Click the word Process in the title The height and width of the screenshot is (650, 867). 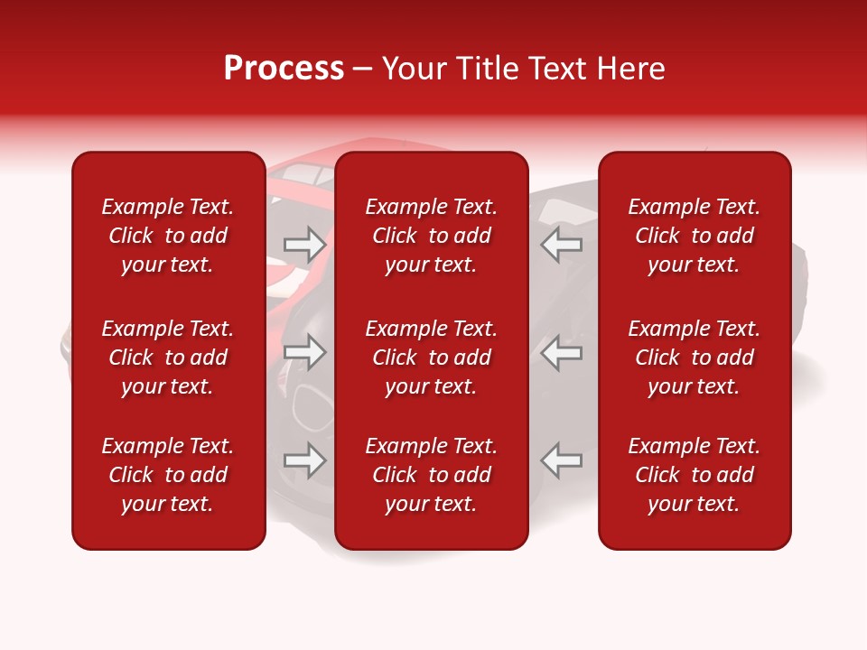tap(284, 69)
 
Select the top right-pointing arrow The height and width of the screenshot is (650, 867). tap(304, 245)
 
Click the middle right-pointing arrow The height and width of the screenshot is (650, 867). tap(304, 352)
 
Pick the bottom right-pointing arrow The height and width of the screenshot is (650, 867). tap(304, 460)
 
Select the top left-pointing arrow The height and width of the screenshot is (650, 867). tap(562, 245)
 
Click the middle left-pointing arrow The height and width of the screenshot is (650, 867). tap(562, 352)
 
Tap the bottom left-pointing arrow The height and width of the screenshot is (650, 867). tap(562, 460)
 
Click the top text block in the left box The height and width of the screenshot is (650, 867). tap(168, 236)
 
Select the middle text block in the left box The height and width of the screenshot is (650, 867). tap(168, 357)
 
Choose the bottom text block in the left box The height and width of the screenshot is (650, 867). tap(168, 475)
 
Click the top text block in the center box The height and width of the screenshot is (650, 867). tap(432, 236)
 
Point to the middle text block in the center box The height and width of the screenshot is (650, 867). tap(432, 357)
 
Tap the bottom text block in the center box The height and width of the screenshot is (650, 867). tap(432, 475)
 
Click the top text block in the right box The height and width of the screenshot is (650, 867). tap(695, 236)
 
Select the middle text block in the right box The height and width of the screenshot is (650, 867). tap(695, 357)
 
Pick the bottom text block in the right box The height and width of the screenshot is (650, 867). tap(695, 475)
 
